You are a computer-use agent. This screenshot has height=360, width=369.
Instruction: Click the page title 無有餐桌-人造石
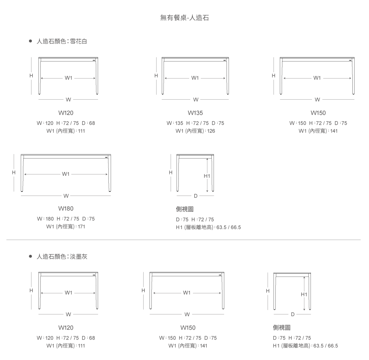coord(184,18)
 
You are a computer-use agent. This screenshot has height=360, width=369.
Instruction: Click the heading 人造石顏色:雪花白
coord(62,41)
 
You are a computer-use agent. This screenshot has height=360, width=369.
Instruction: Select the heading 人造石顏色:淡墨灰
coord(62,257)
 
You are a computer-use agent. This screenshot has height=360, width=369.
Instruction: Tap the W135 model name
coord(195,113)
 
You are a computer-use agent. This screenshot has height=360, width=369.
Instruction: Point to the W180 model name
coord(66,209)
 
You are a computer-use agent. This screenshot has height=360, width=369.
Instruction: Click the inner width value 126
coord(211,131)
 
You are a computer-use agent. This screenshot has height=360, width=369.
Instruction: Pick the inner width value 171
coord(81,227)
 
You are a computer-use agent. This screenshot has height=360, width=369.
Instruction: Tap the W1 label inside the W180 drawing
coord(66,174)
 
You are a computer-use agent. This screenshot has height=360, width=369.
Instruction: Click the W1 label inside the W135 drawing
coord(195,78)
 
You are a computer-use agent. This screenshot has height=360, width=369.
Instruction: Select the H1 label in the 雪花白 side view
coord(207,176)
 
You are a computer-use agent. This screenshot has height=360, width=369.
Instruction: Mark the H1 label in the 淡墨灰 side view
coord(304,294)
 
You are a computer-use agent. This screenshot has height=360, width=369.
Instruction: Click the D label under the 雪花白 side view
coord(195,196)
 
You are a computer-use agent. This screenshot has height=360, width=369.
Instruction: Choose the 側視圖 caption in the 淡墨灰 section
coord(282,327)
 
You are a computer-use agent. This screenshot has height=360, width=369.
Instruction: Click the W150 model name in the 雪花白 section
coord(318,113)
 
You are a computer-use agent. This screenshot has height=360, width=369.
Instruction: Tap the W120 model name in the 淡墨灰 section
coord(66,328)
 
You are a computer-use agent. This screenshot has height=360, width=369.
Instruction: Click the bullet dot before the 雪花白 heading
coord(30,41)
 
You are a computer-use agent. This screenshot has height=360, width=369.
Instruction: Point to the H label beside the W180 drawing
coord(14,173)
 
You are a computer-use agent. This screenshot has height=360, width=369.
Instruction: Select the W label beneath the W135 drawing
coord(196,100)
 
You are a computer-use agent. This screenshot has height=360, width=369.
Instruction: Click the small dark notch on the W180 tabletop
coord(106,157)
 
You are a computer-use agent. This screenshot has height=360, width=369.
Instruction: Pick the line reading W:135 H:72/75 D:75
coord(195,123)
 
